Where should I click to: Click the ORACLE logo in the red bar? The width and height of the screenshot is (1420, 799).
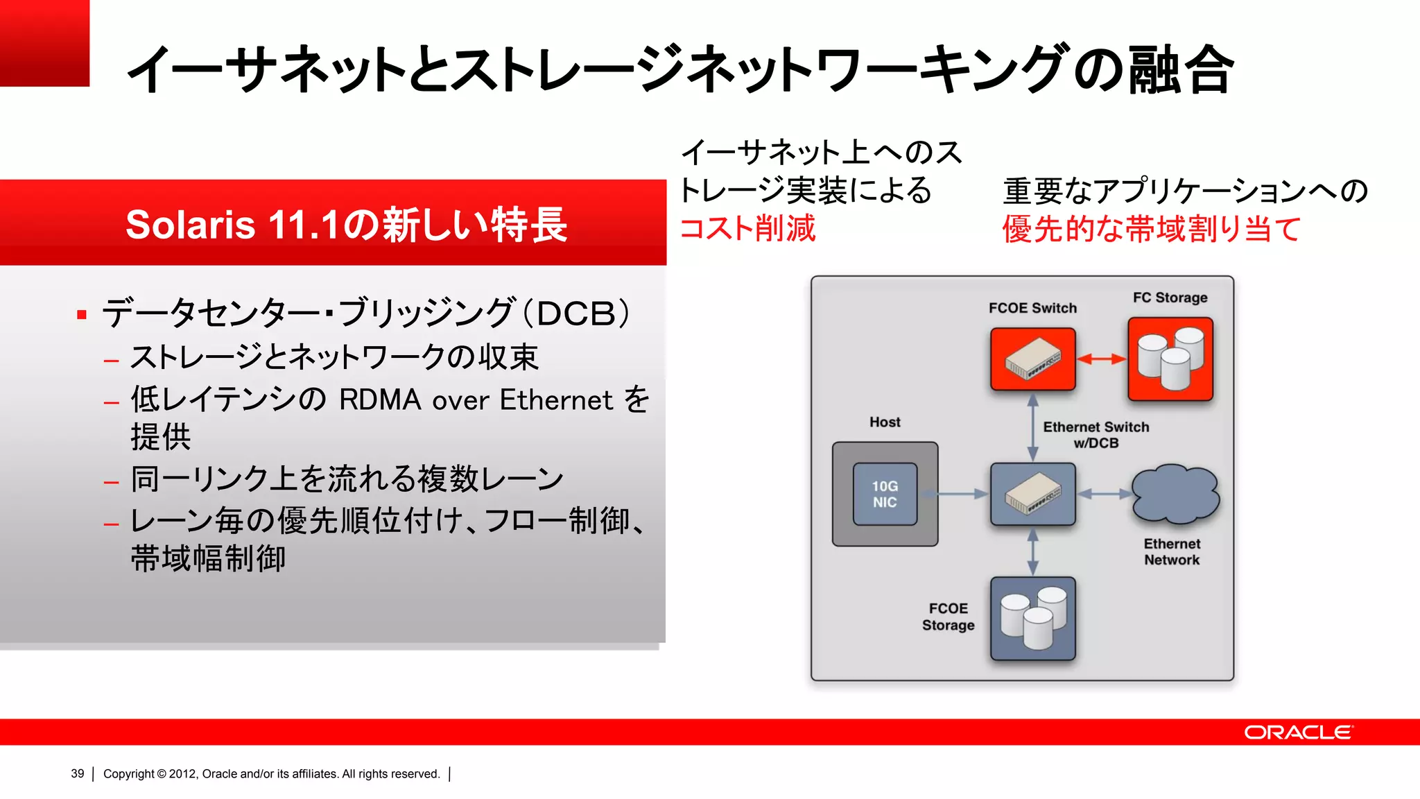(1298, 732)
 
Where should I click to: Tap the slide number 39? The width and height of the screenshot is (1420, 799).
(77, 773)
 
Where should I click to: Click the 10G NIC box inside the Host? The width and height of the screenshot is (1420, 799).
(885, 494)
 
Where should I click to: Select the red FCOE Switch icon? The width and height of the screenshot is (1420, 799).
(1033, 359)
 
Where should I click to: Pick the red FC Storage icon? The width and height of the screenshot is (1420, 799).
(1170, 359)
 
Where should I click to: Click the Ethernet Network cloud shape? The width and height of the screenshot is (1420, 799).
(1175, 494)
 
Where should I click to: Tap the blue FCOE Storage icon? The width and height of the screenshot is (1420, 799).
(1033, 618)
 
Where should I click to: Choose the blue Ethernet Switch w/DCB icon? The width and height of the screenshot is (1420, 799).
(1033, 494)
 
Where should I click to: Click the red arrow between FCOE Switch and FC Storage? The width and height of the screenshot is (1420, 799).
(1102, 359)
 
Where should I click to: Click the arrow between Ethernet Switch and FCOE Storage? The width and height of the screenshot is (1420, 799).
(1032, 552)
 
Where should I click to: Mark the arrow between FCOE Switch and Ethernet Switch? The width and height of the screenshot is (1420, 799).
(1032, 427)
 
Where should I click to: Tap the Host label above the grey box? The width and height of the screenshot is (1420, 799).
(885, 422)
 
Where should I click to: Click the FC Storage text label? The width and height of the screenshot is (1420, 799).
(1170, 298)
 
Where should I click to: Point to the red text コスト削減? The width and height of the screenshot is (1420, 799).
(747, 228)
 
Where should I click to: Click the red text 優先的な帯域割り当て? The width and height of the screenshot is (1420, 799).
(1151, 229)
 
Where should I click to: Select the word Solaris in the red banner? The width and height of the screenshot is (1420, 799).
(191, 225)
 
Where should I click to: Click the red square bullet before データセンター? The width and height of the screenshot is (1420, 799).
(82, 315)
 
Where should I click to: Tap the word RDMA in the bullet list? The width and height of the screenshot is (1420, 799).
(380, 399)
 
